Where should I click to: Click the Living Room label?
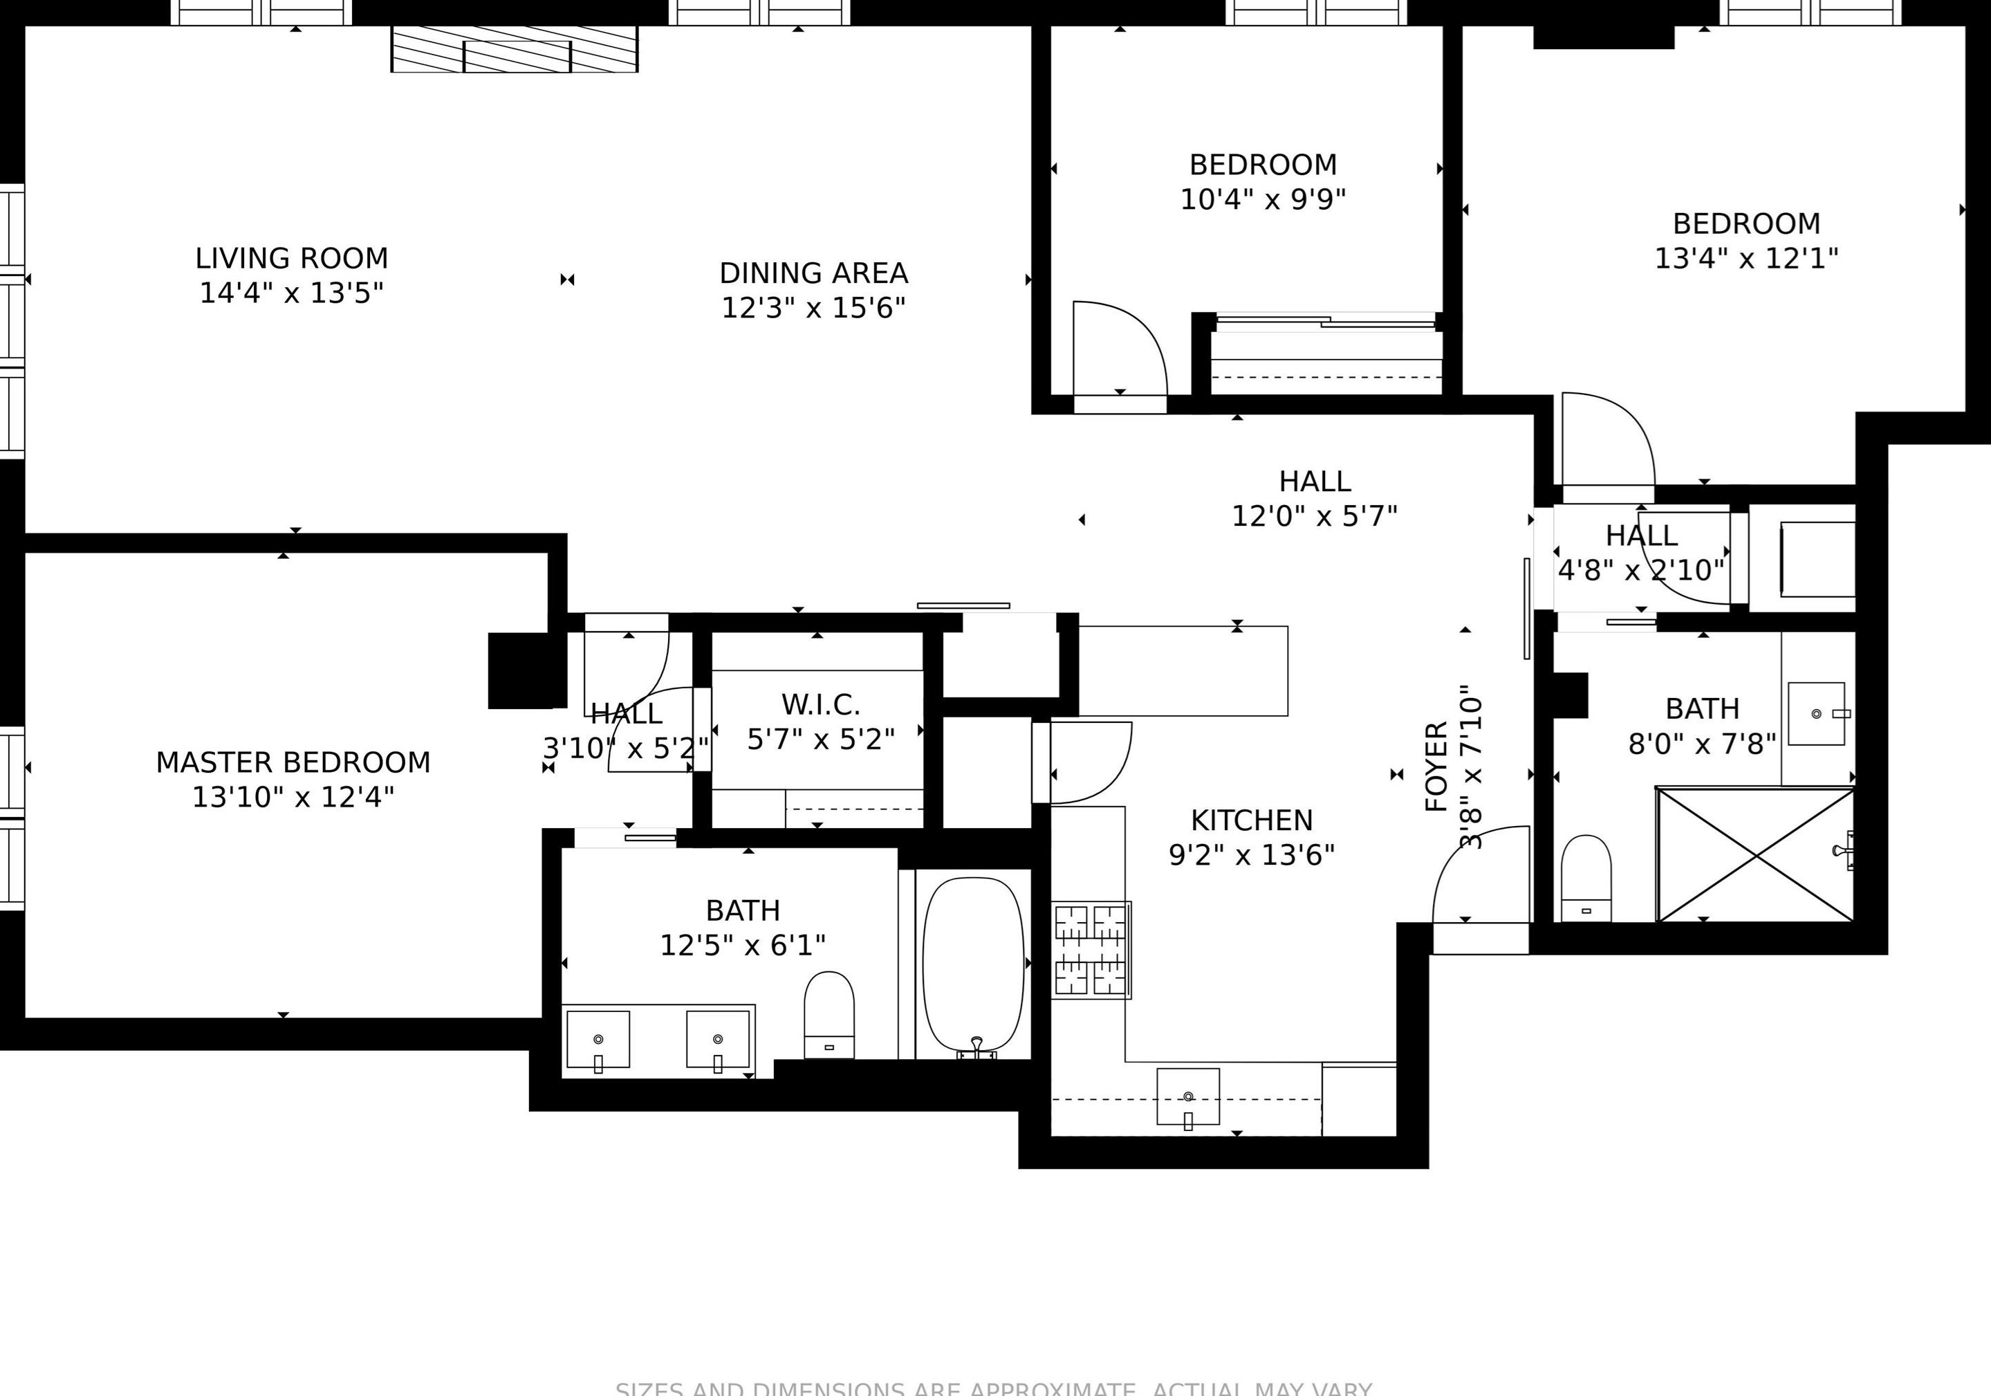tap(291, 259)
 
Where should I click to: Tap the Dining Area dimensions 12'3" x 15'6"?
tap(813, 308)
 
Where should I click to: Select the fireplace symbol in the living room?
tap(515, 49)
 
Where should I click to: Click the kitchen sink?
tap(1187, 1096)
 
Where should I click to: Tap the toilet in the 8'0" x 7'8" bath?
tap(1586, 878)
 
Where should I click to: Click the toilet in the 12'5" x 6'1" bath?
tap(829, 1013)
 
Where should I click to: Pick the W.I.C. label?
tap(820, 704)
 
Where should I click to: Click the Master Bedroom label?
tap(293, 762)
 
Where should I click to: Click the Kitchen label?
tap(1251, 820)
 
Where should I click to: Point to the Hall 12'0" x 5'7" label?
tap(1314, 481)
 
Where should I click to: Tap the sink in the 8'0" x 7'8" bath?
tap(1816, 713)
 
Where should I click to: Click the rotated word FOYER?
tap(1436, 765)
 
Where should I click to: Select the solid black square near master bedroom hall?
tap(519, 670)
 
